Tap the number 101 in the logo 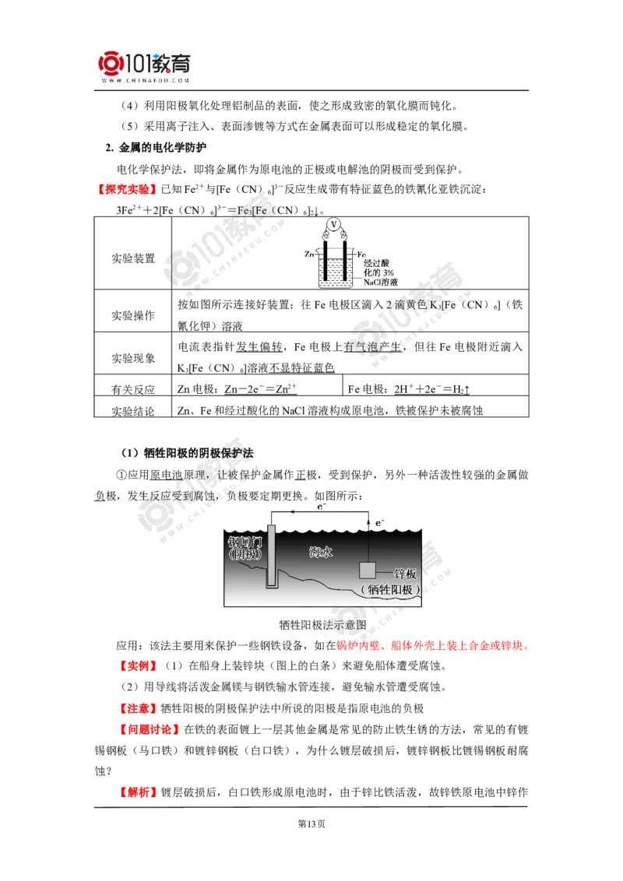click(x=138, y=63)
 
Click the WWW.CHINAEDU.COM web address click(x=145, y=79)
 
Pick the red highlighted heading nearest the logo click(x=128, y=189)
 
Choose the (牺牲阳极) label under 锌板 click(x=389, y=589)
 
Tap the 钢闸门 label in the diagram click(x=245, y=540)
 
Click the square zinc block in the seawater click(x=368, y=570)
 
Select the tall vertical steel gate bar click(x=272, y=554)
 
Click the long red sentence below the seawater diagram click(x=432, y=646)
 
